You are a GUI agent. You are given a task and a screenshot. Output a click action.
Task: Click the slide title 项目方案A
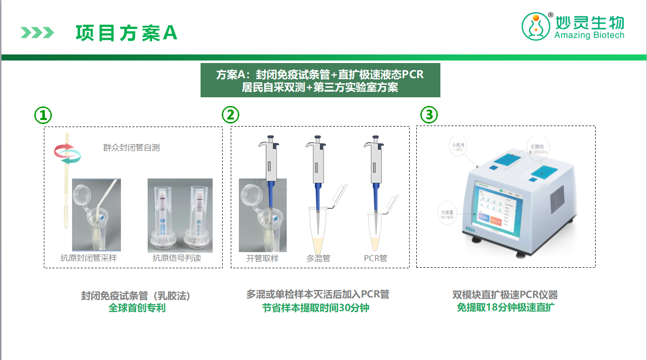coord(126,33)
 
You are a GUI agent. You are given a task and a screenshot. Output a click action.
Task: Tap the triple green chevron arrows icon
coord(37,33)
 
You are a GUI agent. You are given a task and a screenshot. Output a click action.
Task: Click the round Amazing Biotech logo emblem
coord(536,26)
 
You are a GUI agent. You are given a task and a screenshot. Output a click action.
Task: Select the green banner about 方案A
coord(320,80)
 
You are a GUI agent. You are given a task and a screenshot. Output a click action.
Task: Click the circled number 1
coord(43,115)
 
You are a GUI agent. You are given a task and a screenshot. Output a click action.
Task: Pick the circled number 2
coord(230,115)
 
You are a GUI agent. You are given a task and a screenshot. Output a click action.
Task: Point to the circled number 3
coord(429,115)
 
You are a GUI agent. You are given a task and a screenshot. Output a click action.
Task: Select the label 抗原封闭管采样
coord(89,258)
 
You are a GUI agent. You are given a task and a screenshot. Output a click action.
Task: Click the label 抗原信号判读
coord(177,258)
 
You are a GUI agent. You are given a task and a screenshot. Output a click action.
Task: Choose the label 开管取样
coord(262,259)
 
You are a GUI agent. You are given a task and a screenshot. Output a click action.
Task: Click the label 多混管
coord(318,259)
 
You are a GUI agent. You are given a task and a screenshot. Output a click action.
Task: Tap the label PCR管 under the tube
coord(375,259)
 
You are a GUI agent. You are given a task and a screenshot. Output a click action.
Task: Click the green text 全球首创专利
coord(137,308)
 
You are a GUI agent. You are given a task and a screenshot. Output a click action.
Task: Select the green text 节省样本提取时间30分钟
coord(315,308)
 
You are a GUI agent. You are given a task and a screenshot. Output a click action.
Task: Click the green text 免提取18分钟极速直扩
coord(505,308)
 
